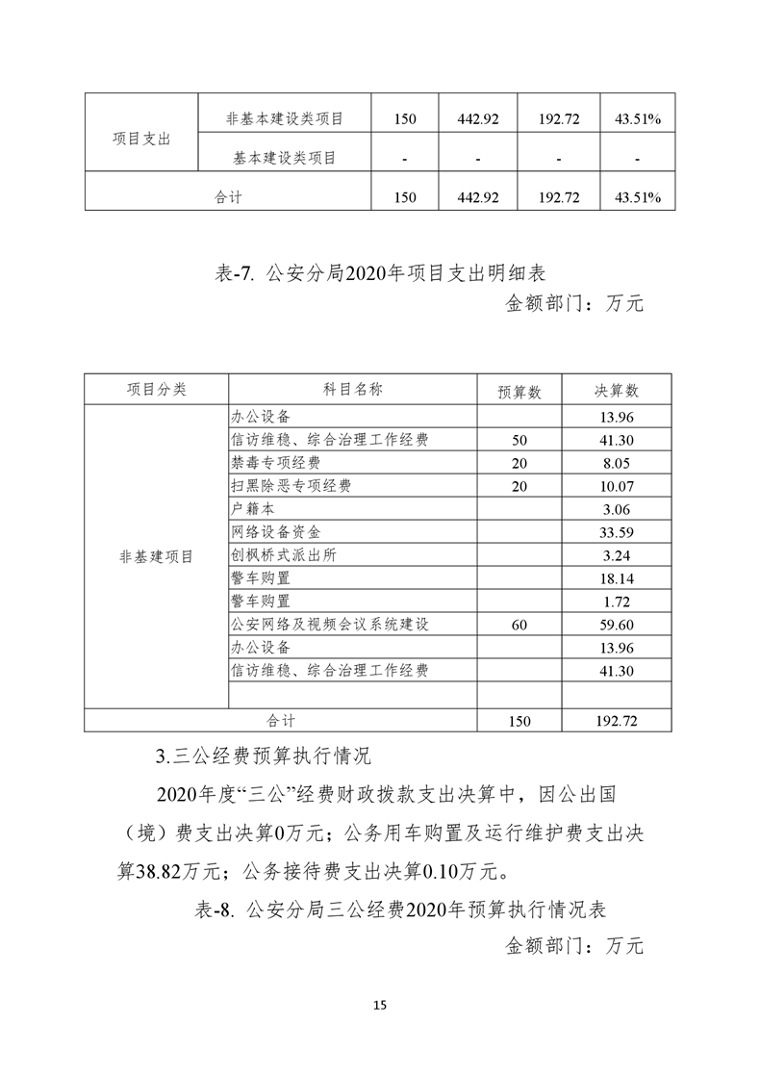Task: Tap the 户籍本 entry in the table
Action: pyautogui.click(x=253, y=509)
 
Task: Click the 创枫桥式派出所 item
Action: pyautogui.click(x=284, y=555)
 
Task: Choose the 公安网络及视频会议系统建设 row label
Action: pyautogui.click(x=329, y=625)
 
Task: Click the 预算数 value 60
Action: pyautogui.click(x=519, y=625)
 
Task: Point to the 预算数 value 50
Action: pyautogui.click(x=519, y=440)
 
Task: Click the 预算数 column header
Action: pyautogui.click(x=519, y=392)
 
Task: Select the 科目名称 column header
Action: pyautogui.click(x=352, y=390)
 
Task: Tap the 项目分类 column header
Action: pyautogui.click(x=156, y=390)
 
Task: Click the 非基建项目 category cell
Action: pyautogui.click(x=156, y=557)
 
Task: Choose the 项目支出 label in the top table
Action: pyautogui.click(x=141, y=139)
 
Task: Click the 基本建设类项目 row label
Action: pyautogui.click(x=284, y=158)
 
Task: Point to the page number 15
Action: pyautogui.click(x=379, y=1006)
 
